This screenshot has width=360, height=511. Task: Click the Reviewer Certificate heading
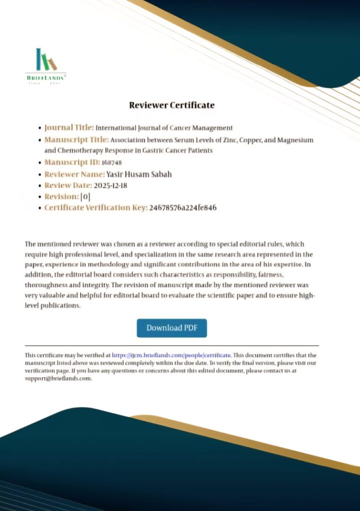tap(172, 105)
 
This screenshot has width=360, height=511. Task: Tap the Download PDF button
tap(172, 328)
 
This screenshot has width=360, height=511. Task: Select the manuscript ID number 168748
tap(112, 163)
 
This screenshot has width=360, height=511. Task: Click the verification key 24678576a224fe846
tap(183, 208)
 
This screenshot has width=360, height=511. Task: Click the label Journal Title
tap(69, 128)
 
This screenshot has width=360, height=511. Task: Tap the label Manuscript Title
tap(76, 140)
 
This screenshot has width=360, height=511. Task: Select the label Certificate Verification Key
tap(96, 208)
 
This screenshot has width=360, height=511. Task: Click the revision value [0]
tap(85, 197)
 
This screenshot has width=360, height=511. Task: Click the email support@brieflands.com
tap(58, 378)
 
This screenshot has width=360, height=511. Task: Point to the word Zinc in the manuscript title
tap(225, 140)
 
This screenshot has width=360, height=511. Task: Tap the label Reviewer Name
tap(74, 174)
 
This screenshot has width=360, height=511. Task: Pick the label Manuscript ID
tap(72, 163)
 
